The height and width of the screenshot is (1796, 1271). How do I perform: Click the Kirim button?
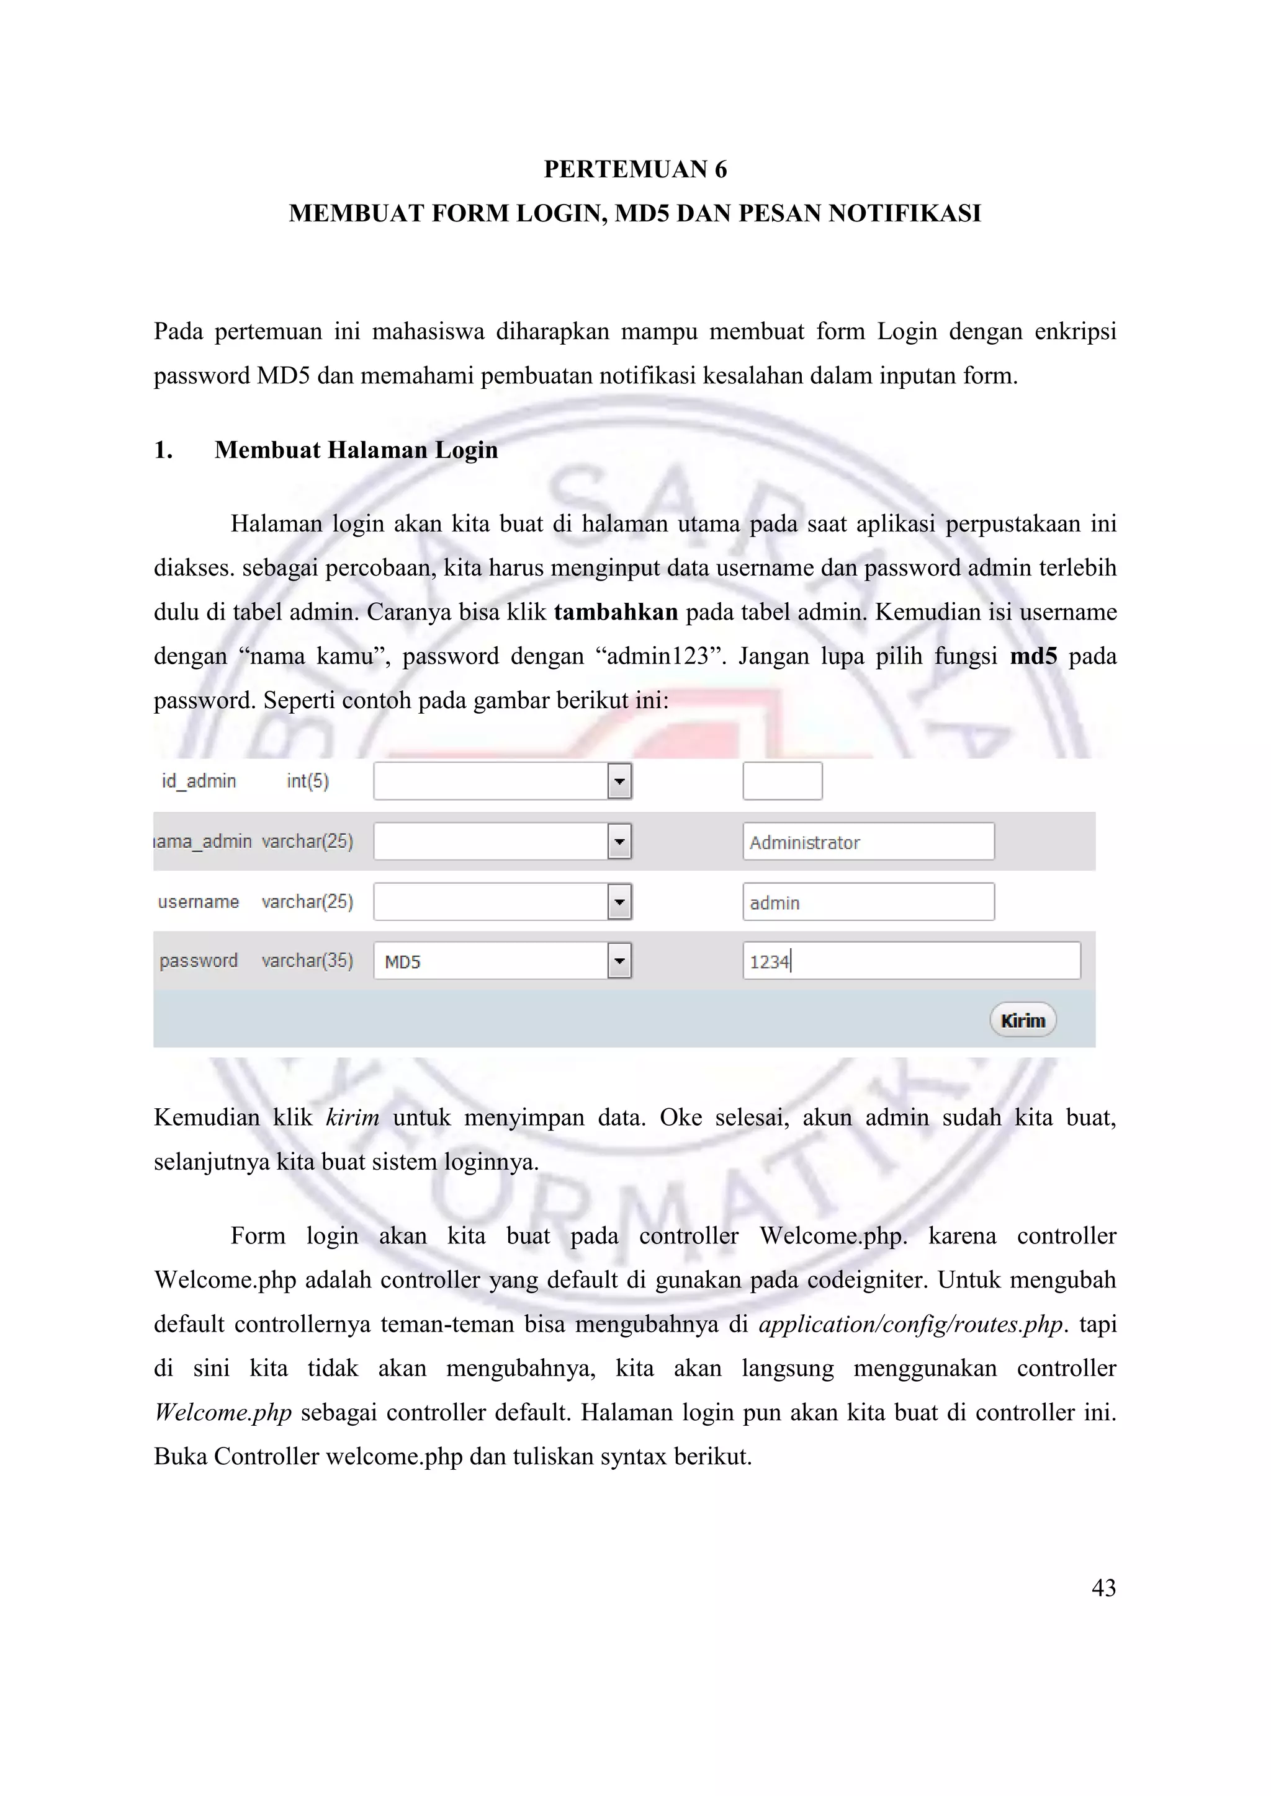pyautogui.click(x=1022, y=1020)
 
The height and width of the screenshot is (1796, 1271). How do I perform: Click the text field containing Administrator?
pyautogui.click(x=868, y=842)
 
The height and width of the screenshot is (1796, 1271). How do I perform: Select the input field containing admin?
pyautogui.click(x=868, y=902)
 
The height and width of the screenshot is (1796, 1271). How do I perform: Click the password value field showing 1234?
pyautogui.click(x=911, y=961)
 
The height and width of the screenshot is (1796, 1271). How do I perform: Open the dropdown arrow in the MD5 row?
pyautogui.click(x=619, y=961)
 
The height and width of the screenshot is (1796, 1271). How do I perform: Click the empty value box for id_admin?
pyautogui.click(x=782, y=781)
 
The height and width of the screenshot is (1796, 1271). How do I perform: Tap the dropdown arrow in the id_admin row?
pyautogui.click(x=619, y=781)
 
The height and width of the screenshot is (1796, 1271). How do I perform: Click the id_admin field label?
pyautogui.click(x=199, y=781)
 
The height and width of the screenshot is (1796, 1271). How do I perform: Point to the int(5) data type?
pyautogui.click(x=308, y=781)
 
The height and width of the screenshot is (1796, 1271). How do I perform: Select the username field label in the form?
pyautogui.click(x=199, y=902)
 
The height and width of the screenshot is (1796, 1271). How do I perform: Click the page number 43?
pyautogui.click(x=1103, y=1587)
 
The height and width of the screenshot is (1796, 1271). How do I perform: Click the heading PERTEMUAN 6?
pyautogui.click(x=635, y=170)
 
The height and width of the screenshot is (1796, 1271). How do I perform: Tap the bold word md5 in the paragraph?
pyautogui.click(x=1033, y=656)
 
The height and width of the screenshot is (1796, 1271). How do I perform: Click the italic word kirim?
pyautogui.click(x=352, y=1117)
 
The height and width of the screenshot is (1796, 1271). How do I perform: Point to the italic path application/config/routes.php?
pyautogui.click(x=911, y=1324)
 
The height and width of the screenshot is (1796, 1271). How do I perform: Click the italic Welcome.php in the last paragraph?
pyautogui.click(x=223, y=1412)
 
